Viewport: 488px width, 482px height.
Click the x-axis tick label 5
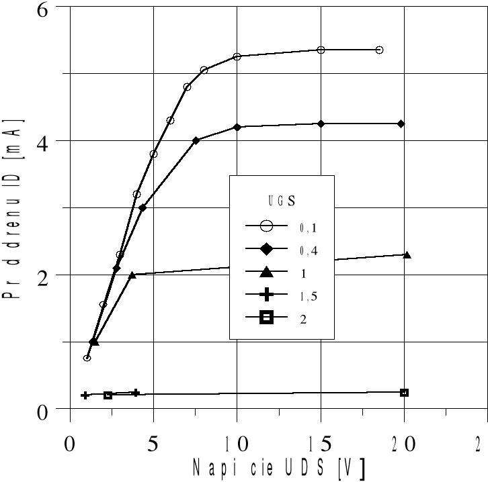pos(153,445)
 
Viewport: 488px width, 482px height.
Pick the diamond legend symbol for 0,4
pos(266,250)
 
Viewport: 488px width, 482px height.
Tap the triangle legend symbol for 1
pos(266,272)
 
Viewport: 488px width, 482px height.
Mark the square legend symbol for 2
pos(266,318)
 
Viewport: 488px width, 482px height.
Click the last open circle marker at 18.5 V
pos(379,50)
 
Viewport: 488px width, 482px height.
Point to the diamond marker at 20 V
pos(401,124)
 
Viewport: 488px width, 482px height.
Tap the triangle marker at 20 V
pos(406,254)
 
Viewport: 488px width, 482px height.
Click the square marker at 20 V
pos(404,393)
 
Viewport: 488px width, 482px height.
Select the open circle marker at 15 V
pos(321,50)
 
